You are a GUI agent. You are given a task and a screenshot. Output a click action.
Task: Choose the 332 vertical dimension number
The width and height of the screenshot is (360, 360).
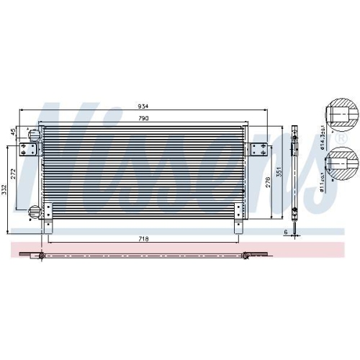[5, 189]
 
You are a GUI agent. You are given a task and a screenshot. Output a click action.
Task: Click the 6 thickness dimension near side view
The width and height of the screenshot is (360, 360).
[285, 232]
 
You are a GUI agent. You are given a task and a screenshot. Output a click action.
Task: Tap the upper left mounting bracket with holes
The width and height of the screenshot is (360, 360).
[30, 148]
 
